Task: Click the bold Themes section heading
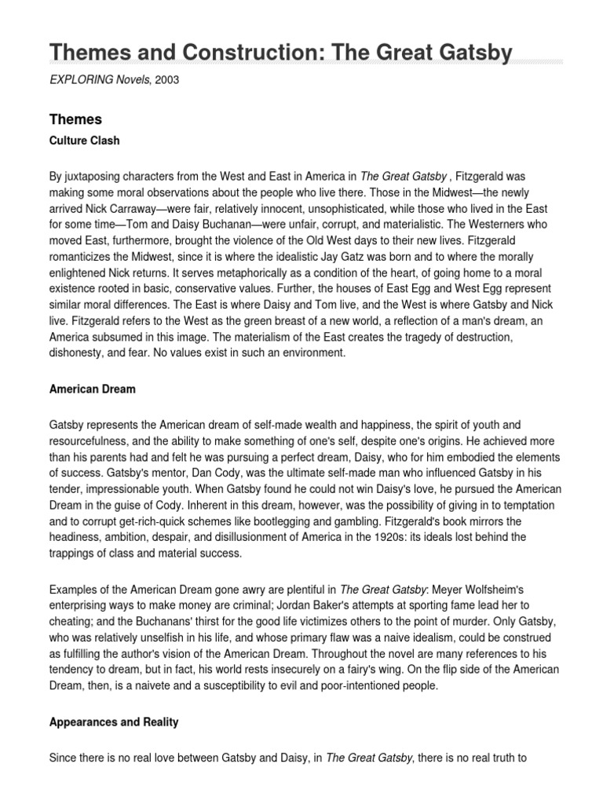(75, 119)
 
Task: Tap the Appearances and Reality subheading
(114, 722)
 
